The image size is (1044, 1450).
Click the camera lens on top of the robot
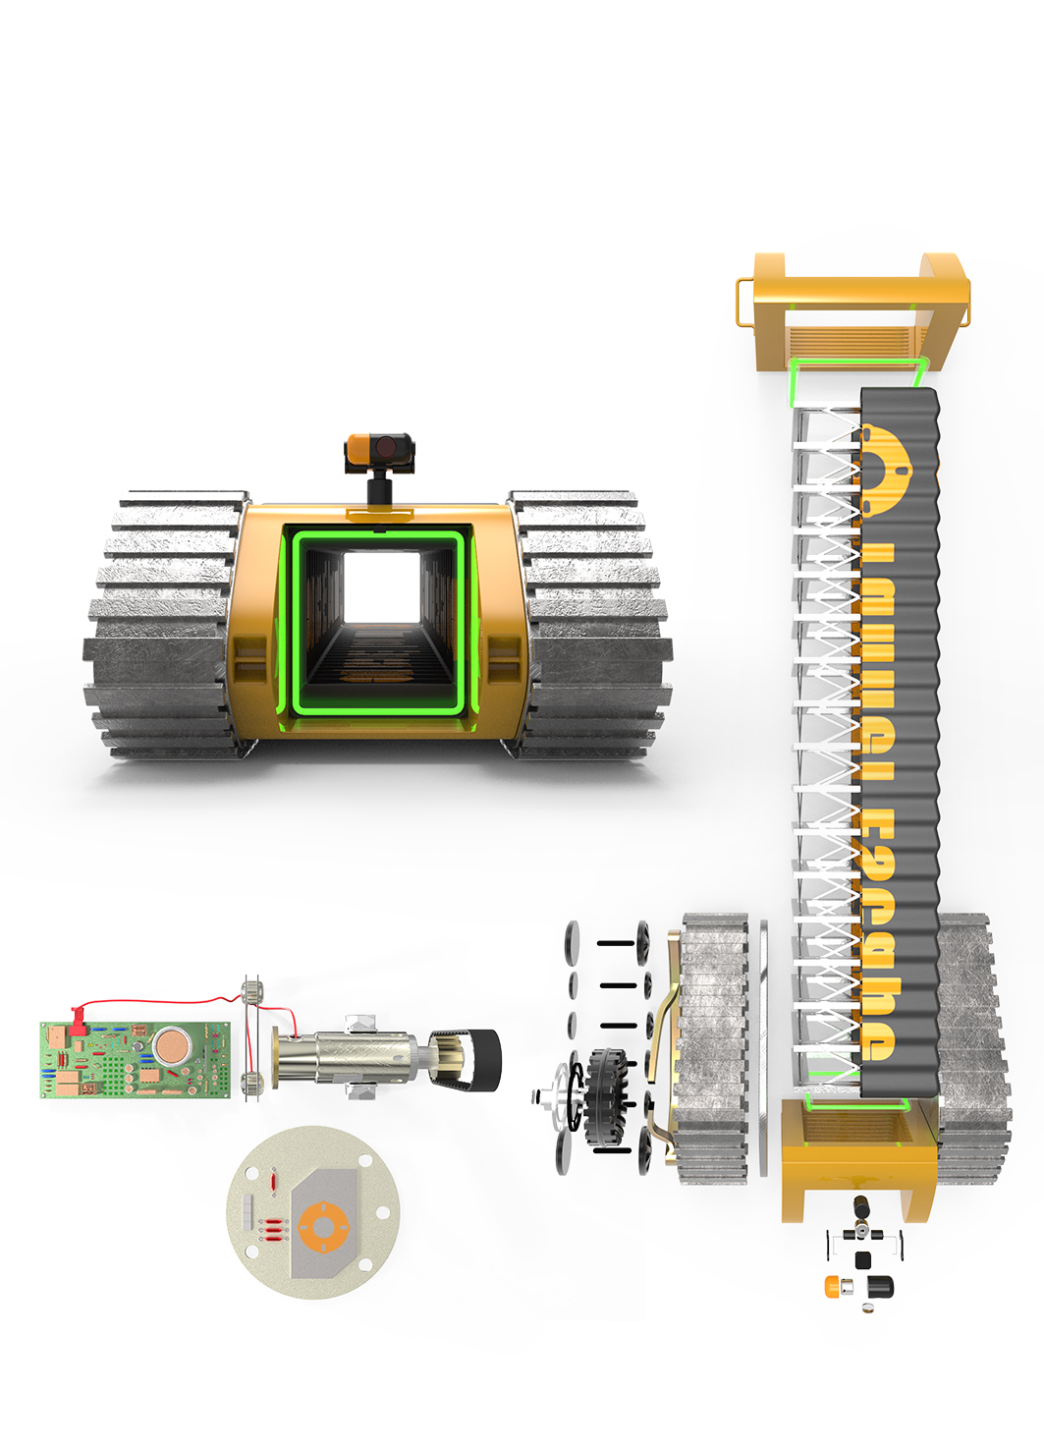(384, 447)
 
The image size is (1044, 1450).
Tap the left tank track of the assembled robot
(162, 624)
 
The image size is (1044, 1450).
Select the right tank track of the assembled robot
(589, 624)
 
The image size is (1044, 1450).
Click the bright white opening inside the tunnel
(381, 586)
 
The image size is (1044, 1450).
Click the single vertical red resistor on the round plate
(274, 1179)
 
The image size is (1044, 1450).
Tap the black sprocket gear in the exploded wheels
(604, 1097)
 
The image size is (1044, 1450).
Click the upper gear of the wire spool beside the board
(253, 989)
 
